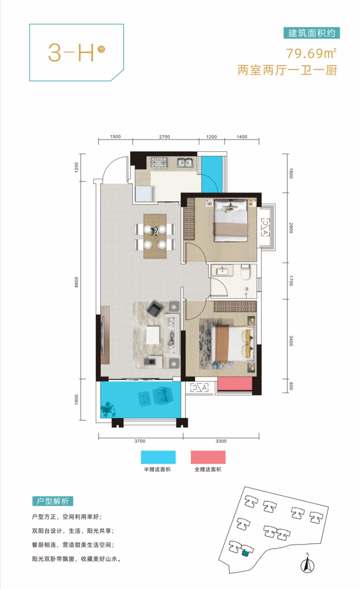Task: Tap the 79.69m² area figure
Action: pyautogui.click(x=311, y=53)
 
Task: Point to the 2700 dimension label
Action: pyautogui.click(x=164, y=137)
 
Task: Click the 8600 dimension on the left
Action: pyautogui.click(x=76, y=282)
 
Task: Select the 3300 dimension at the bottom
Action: pyautogui.click(x=221, y=441)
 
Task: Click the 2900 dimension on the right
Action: pyautogui.click(x=291, y=228)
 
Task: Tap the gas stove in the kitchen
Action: pyautogui.click(x=159, y=162)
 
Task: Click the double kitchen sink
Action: pyautogui.click(x=185, y=162)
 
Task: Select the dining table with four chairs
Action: pyautogui.click(x=155, y=236)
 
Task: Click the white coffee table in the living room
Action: pyautogui.click(x=152, y=335)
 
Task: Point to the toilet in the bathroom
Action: pyautogui.click(x=245, y=272)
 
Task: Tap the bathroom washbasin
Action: pyautogui.click(x=223, y=270)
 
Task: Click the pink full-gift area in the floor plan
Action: pyautogui.click(x=235, y=383)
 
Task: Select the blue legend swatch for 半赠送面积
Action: pyautogui.click(x=158, y=457)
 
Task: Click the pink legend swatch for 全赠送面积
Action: pyautogui.click(x=208, y=457)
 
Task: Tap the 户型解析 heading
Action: pyautogui.click(x=53, y=501)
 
